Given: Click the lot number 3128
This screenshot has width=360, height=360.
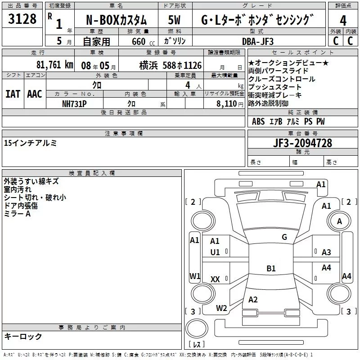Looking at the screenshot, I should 22,20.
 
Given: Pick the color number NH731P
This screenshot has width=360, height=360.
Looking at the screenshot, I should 74,103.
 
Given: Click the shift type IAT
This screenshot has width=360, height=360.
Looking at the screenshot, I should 13,94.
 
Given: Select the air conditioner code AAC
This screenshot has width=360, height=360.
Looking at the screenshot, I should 35,94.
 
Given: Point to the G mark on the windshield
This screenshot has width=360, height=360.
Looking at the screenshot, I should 284,237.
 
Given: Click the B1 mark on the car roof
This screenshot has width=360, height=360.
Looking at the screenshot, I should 271,269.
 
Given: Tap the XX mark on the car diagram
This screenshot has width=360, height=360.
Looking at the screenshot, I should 215,279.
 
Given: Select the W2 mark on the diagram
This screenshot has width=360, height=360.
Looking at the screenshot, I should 221,308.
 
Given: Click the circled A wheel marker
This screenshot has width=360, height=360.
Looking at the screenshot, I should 340,221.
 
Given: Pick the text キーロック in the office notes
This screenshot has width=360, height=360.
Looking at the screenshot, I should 23,336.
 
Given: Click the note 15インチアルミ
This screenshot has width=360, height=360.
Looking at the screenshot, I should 30,143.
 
